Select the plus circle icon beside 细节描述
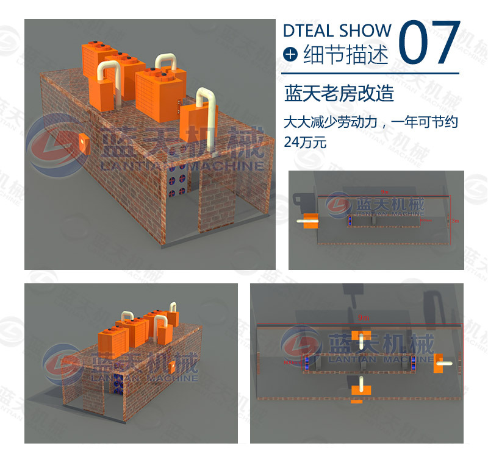click(290, 55)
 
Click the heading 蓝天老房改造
click(339, 94)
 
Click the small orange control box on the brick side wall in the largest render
click(83, 141)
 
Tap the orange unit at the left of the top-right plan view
click(310, 222)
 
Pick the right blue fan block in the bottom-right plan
click(412, 364)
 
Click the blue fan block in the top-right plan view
click(351, 222)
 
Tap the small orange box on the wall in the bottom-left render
click(173, 367)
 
